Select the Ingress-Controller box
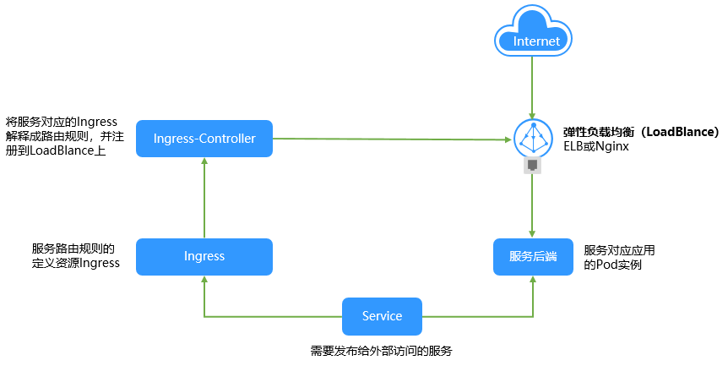click(204, 138)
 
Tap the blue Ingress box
click(204, 256)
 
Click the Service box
click(382, 315)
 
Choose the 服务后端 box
click(533, 256)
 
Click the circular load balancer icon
click(532, 137)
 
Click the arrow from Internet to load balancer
click(531, 89)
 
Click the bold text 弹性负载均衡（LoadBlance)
click(641, 132)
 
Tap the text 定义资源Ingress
click(75, 263)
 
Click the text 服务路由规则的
click(73, 249)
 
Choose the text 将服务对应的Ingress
click(61, 121)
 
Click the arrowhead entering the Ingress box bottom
click(204, 283)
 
